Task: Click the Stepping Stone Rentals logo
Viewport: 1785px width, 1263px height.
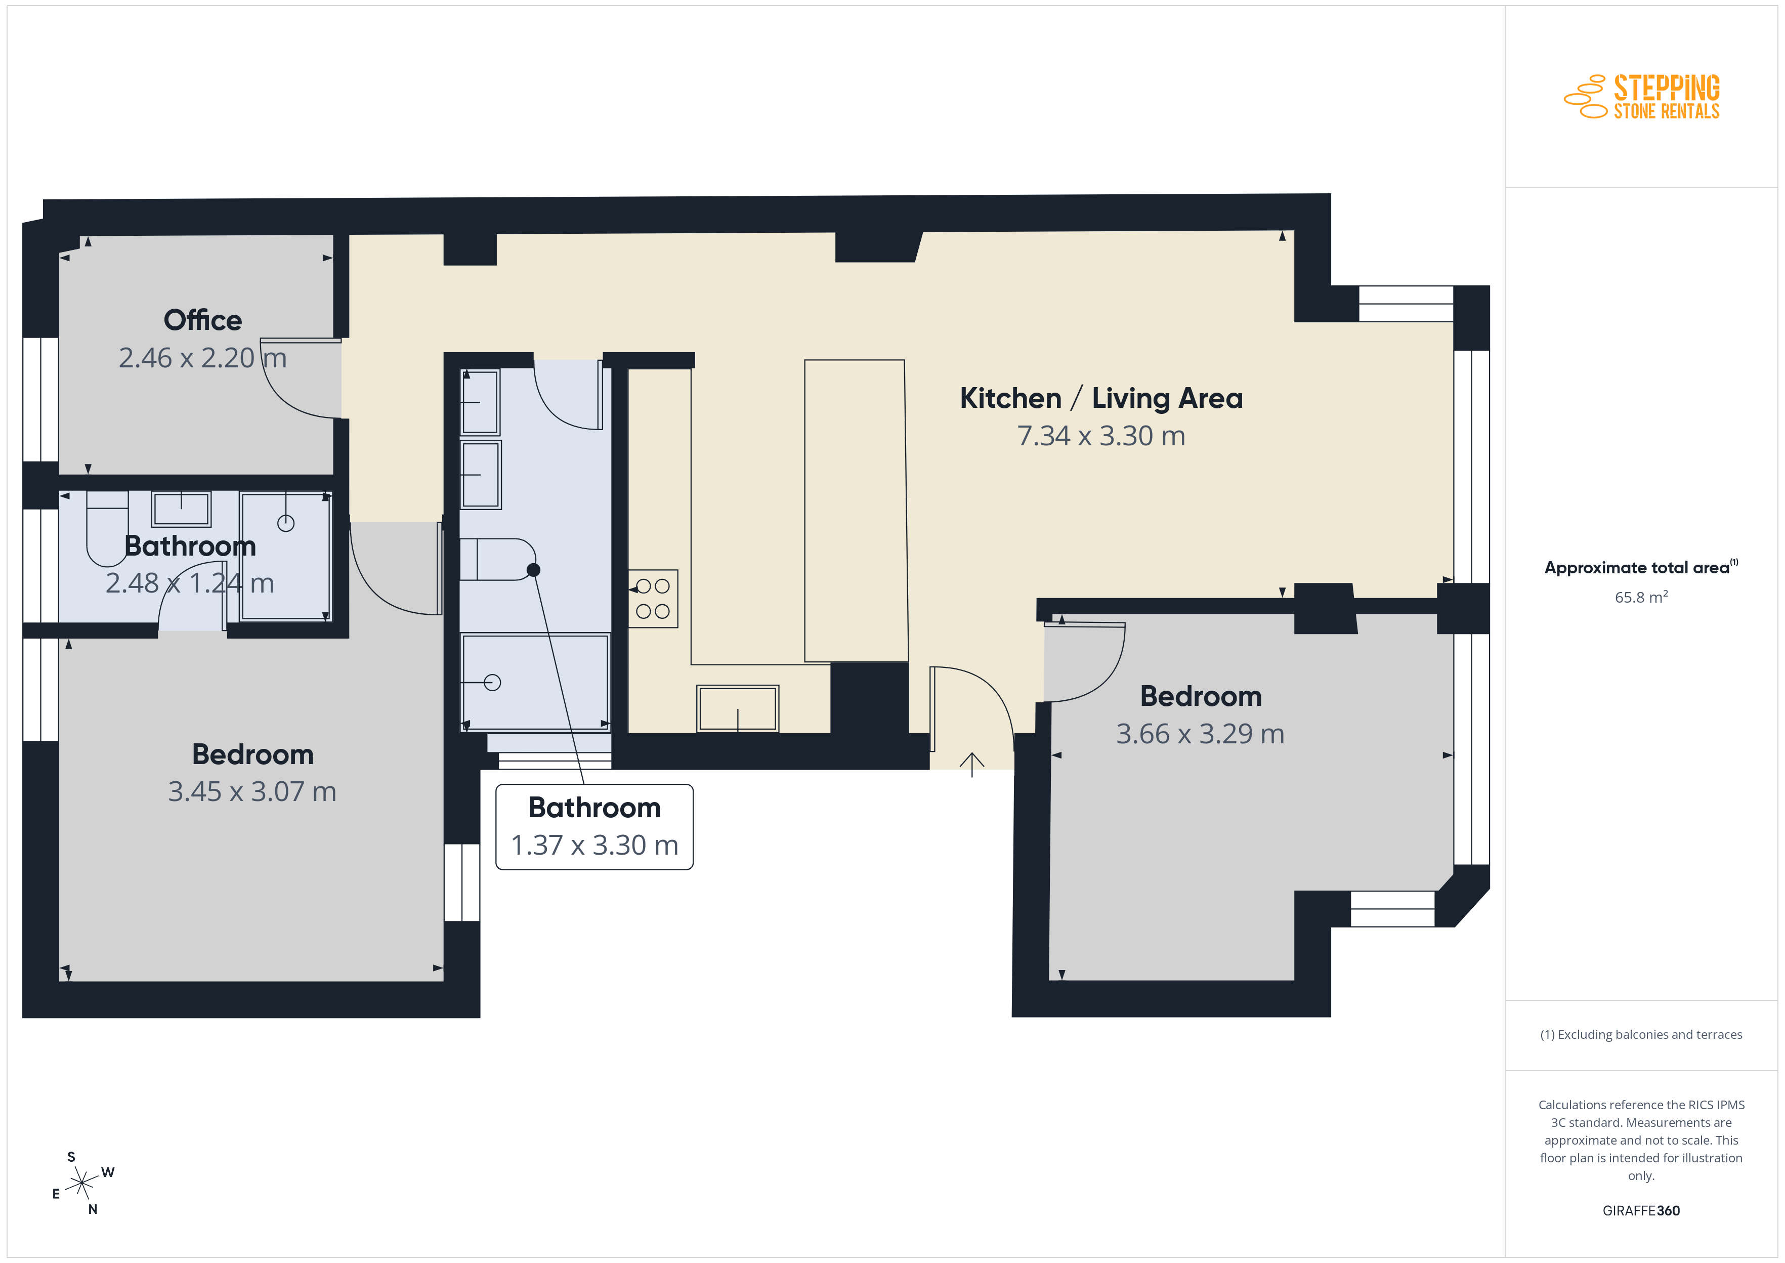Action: (x=1642, y=97)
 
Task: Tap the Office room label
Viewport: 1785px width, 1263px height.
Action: (x=203, y=320)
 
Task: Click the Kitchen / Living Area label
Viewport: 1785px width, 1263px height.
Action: (x=1101, y=398)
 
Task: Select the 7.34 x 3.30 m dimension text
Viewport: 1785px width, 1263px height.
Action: (x=1101, y=436)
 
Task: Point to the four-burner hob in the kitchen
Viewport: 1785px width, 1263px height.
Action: (x=653, y=598)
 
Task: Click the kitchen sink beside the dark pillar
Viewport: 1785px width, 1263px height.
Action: (x=738, y=708)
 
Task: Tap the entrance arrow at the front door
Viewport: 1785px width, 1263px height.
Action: (x=972, y=765)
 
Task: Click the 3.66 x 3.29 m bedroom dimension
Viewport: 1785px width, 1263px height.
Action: (x=1200, y=733)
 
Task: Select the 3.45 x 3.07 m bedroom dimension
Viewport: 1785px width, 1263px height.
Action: (x=252, y=792)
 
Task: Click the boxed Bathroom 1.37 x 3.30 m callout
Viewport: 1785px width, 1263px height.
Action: (x=594, y=827)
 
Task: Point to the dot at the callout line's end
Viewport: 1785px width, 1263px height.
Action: (x=533, y=570)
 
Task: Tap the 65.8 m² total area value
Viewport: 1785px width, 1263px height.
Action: (x=1641, y=597)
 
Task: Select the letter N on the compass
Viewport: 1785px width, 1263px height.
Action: (x=93, y=1209)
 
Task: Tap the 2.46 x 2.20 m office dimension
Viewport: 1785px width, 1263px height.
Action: (x=203, y=358)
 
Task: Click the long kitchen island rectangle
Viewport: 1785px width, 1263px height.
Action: (x=856, y=511)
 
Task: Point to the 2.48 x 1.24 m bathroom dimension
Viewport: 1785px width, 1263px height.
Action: (x=190, y=583)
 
